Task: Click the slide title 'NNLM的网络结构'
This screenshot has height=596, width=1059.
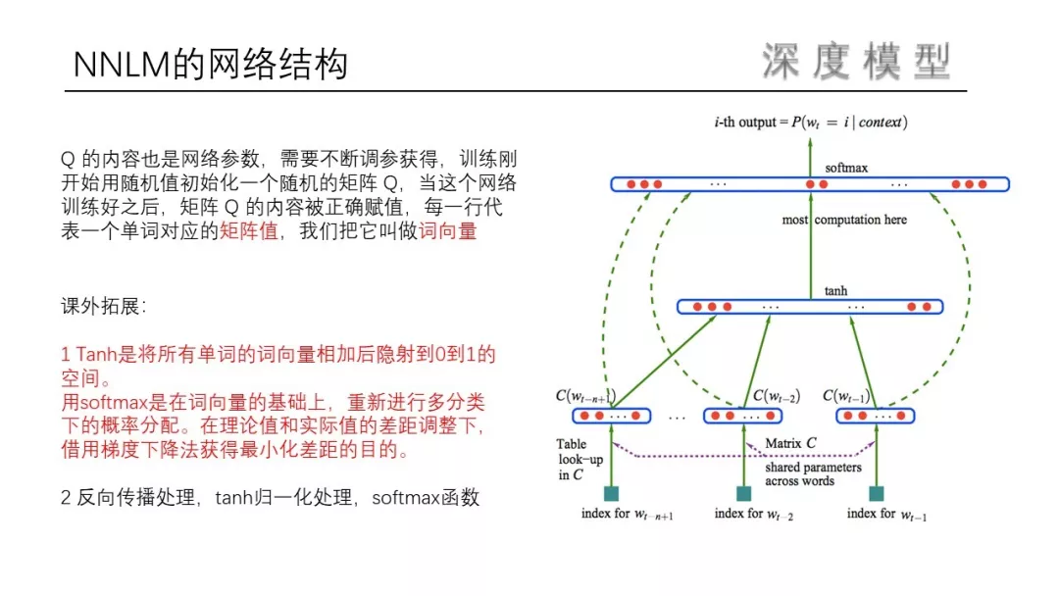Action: pos(211,66)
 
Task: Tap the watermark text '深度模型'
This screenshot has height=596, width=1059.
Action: pos(856,62)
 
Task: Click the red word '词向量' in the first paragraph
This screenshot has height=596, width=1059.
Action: pos(447,234)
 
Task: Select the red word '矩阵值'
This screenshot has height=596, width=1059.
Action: pos(249,234)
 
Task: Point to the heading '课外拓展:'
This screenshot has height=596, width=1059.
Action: pos(104,307)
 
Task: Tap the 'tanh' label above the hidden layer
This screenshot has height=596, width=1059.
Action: pos(835,291)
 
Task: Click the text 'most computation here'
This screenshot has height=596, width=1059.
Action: pos(844,220)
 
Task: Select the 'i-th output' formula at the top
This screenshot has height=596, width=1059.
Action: pos(810,123)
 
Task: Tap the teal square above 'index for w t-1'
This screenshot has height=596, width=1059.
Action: pos(877,493)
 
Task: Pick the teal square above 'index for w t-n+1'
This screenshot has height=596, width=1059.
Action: pos(612,493)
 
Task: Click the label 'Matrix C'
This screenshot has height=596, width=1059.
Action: pos(790,443)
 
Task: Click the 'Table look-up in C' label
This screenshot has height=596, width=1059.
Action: pos(572,460)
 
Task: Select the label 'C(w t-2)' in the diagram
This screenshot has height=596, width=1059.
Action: pos(776,396)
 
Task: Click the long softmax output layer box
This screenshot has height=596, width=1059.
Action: pos(810,184)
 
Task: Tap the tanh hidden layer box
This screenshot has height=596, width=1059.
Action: pos(810,307)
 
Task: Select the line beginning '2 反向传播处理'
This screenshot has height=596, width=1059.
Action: pos(270,498)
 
